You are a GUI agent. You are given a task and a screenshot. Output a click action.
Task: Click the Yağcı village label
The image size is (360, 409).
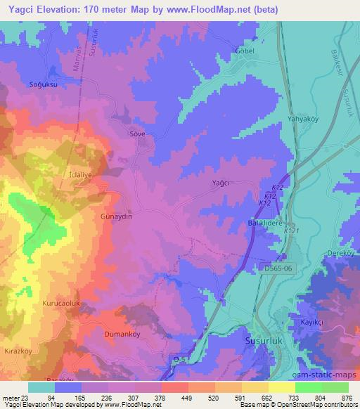click(221, 183)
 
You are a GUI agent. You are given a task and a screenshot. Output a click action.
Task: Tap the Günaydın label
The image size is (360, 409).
click(117, 217)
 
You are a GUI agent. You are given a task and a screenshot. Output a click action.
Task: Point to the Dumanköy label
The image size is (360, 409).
click(123, 335)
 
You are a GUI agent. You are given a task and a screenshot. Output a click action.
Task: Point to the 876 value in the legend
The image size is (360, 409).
click(347, 397)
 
